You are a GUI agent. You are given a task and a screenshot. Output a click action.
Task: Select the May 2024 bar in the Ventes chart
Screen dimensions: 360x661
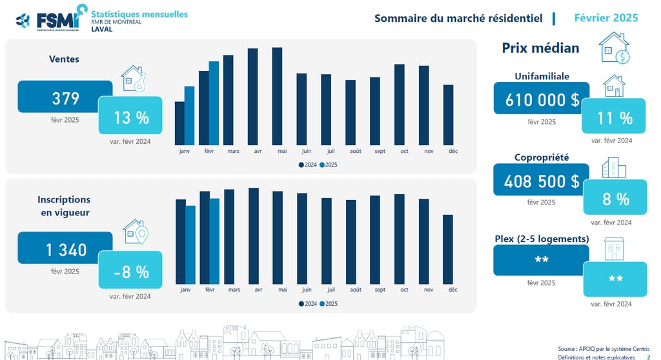278,96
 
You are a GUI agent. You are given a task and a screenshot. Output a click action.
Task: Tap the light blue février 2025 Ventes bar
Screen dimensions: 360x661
214,103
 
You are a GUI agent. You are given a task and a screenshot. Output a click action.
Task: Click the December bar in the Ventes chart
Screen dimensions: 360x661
448,115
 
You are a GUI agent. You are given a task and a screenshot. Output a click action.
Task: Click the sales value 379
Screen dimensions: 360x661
66,98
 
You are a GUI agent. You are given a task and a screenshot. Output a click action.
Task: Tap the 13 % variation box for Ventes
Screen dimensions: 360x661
131,117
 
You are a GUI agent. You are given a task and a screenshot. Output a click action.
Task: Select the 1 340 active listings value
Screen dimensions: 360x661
66,249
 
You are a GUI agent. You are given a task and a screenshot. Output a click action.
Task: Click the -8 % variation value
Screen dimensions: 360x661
131,272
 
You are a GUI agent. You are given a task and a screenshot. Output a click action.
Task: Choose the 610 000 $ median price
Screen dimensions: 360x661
542,100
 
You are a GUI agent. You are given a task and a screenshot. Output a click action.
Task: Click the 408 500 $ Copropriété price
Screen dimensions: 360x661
542,181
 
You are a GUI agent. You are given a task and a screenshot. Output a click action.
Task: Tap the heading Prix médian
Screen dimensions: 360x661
540,48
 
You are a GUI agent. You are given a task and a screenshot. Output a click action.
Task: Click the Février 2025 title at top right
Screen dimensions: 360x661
605,17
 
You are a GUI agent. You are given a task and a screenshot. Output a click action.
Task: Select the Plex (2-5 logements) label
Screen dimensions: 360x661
542,239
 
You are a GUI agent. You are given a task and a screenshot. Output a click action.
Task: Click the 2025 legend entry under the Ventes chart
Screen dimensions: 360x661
329,165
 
